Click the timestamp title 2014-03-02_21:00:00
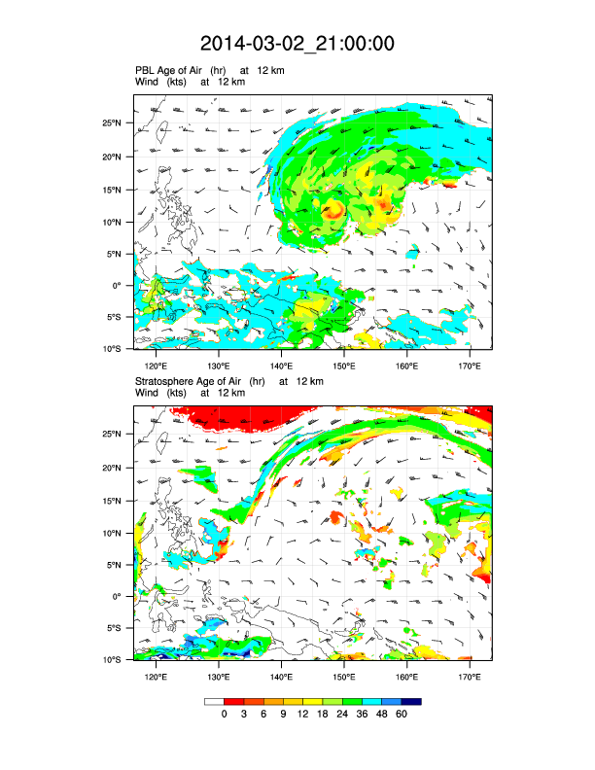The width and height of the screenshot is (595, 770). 297,44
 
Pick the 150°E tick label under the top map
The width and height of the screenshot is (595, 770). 344,366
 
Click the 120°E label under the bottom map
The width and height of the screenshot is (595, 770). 156,677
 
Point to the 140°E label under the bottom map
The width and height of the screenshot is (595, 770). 281,677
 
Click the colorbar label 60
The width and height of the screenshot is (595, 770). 402,715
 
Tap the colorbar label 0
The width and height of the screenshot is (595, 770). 224,715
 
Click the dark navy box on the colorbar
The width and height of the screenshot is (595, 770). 411,701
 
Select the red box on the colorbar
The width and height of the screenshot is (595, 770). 233,701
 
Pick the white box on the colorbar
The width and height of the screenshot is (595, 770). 214,701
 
